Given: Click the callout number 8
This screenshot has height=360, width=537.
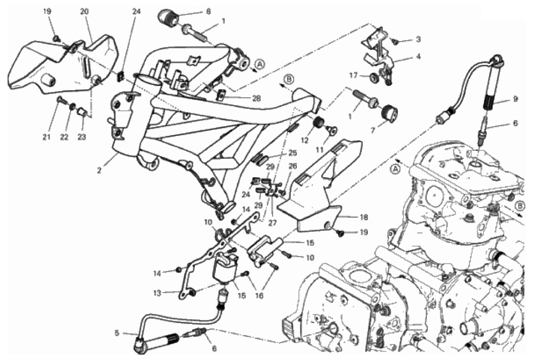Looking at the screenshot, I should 194,10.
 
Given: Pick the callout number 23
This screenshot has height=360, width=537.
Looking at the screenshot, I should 82,137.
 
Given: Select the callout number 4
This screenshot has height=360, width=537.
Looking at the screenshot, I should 418,57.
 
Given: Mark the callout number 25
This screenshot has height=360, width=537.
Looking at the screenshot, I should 292,153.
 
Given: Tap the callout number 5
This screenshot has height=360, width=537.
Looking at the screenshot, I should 117,333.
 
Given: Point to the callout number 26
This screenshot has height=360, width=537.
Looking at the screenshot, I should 293,166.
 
